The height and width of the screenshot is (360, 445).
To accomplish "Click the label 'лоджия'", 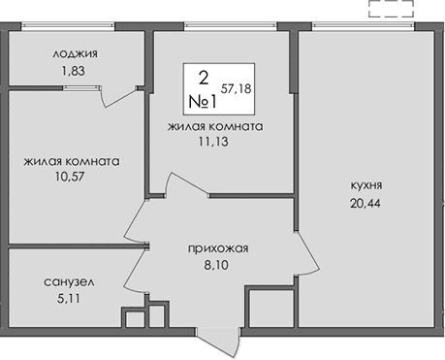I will pos(76,54).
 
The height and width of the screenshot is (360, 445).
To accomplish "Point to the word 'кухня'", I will pos(368,184).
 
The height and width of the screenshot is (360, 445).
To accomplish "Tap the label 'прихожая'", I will pos(218,248).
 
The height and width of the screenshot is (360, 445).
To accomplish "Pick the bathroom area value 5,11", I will pos(68,300).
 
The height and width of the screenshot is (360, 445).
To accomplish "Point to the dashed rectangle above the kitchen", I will pos(392,11).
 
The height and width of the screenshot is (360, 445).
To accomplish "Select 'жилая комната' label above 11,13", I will pos(215,126).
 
